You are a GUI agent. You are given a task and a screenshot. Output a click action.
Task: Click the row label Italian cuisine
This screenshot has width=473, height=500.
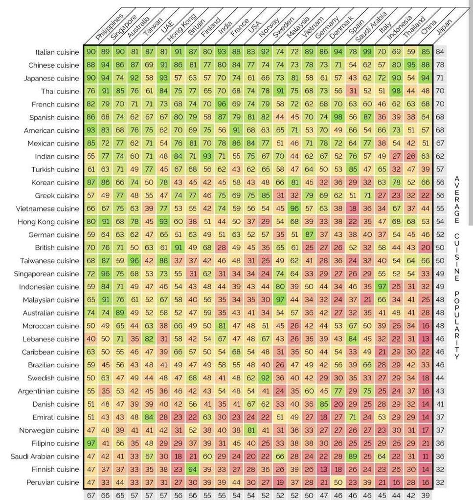click(x=57, y=52)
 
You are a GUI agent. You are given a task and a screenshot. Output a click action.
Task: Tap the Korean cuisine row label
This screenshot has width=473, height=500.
click(x=56, y=182)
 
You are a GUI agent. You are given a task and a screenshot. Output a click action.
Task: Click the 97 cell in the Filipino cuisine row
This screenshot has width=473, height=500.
click(x=91, y=443)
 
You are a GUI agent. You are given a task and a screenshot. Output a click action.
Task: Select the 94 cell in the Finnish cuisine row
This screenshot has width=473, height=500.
click(x=193, y=469)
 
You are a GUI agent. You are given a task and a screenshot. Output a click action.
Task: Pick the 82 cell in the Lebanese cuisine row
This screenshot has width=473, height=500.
click(x=149, y=339)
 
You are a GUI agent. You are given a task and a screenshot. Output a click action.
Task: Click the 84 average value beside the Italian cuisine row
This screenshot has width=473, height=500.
click(x=440, y=52)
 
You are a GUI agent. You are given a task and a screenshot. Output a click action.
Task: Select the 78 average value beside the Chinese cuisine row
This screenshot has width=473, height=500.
click(x=440, y=65)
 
